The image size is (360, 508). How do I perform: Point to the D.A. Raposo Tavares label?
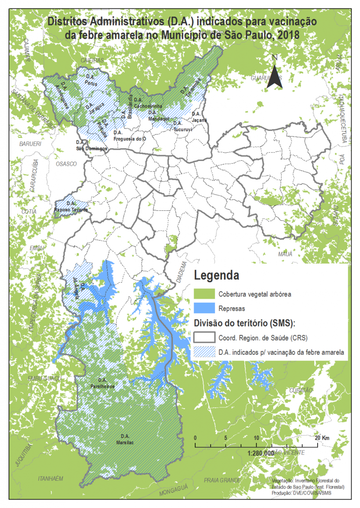point(71,207)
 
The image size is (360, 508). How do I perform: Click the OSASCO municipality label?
point(64,163)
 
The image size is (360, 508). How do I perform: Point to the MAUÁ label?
point(285,254)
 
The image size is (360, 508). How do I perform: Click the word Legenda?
point(217,275)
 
